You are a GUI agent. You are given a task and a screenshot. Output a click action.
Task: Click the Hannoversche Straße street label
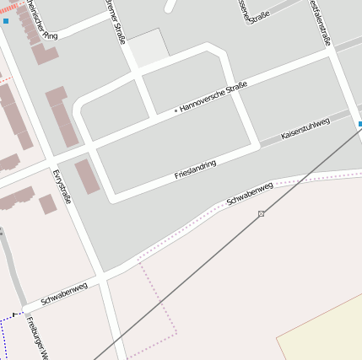click(x=213, y=97)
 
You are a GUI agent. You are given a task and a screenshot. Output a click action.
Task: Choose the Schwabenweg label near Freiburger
click(x=64, y=293)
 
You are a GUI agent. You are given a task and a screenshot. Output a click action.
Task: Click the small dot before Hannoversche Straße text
click(x=176, y=110)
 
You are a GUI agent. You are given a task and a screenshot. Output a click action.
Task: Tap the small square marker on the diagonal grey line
click(x=261, y=213)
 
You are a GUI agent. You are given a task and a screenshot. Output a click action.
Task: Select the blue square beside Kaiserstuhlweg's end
click(x=359, y=124)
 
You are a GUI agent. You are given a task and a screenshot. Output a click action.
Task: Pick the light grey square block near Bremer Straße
click(x=148, y=47)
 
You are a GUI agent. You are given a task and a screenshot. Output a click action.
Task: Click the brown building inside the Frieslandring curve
click(x=87, y=176)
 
